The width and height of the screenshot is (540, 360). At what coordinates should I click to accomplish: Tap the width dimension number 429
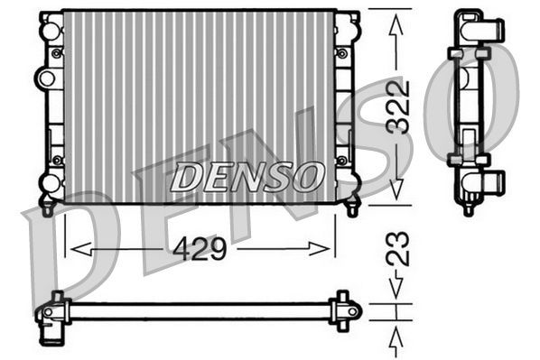(x=199, y=249)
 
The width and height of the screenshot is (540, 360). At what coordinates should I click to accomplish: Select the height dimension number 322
(x=397, y=106)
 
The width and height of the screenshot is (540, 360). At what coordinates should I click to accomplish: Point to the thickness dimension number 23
(x=397, y=250)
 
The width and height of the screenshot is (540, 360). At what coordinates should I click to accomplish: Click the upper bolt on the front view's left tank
(x=57, y=53)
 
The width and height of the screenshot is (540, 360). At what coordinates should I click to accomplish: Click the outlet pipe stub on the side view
(x=493, y=184)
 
